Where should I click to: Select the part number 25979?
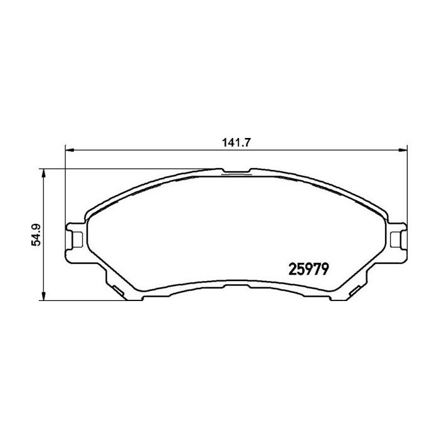point(309,268)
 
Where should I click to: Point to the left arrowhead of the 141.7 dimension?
point(70,150)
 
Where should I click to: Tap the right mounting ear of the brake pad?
point(396,239)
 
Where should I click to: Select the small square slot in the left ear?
point(78,239)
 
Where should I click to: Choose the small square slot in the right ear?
point(394,239)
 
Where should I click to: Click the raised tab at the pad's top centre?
point(236,170)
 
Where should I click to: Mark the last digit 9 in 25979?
point(327,268)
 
